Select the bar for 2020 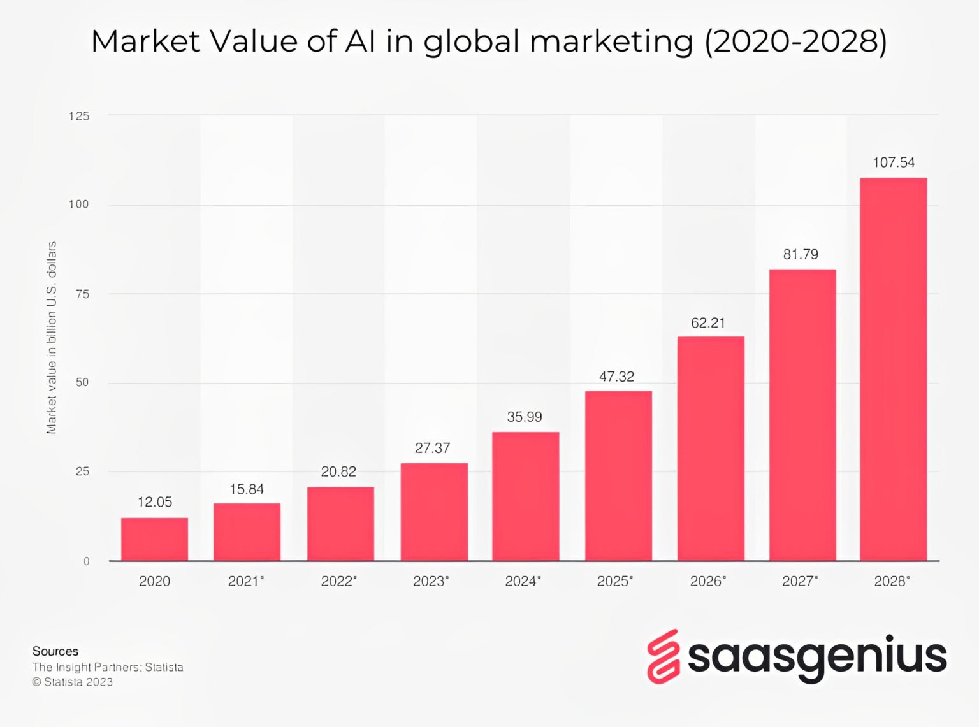154,539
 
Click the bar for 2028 893,370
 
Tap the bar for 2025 618,475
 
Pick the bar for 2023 434,512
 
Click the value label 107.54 893,162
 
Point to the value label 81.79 801,254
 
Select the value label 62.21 708,323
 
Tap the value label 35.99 525,417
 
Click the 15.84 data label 247,489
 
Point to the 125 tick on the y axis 79,116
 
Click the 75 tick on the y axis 82,294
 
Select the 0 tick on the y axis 86,561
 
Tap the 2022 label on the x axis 338,581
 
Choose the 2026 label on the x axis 707,581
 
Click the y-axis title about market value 52,338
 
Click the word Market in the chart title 146,41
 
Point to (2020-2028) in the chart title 795,41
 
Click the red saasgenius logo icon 664,656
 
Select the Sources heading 55,651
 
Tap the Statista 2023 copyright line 73,682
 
